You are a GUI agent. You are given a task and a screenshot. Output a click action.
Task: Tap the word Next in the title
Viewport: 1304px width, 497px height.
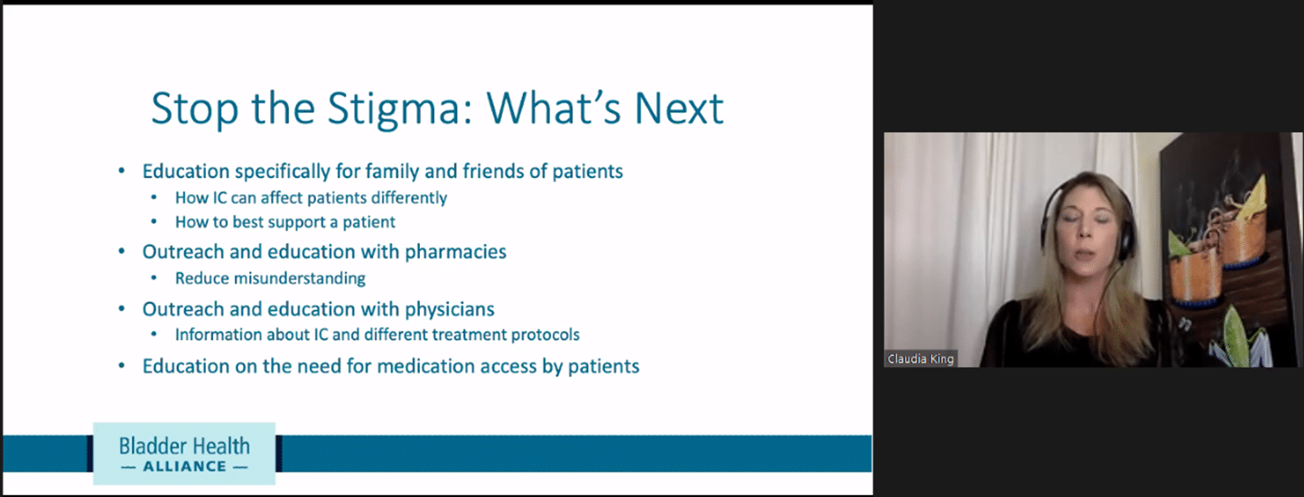(x=679, y=108)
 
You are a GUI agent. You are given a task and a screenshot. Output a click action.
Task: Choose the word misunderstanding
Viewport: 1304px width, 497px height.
(x=299, y=278)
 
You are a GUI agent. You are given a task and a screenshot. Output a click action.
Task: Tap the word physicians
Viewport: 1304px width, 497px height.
(x=450, y=309)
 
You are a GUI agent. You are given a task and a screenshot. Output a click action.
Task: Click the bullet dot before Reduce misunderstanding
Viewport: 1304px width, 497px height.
(x=154, y=278)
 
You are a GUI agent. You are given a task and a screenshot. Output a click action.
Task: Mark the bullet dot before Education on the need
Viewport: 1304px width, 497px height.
(x=122, y=366)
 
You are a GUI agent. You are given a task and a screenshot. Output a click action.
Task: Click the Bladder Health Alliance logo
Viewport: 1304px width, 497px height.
(x=184, y=454)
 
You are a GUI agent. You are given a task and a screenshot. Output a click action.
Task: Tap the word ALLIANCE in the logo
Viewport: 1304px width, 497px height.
(x=184, y=466)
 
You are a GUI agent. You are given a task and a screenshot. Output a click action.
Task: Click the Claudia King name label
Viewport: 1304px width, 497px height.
(x=920, y=359)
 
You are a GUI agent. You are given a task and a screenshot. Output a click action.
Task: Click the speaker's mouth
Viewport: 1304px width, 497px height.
(x=1083, y=254)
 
